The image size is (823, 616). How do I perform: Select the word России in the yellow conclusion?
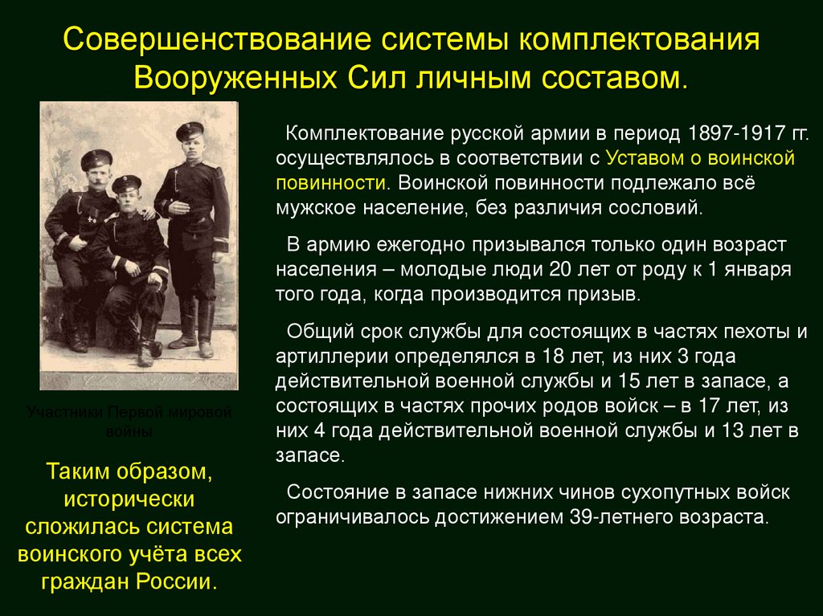[x=185, y=581]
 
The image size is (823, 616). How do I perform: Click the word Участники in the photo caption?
[x=65, y=413]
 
